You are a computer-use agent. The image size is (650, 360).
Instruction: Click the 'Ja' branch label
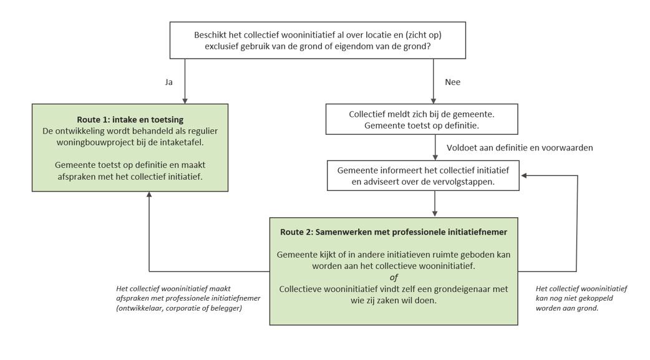point(168,82)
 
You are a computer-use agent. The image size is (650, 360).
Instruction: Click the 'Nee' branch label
point(453,82)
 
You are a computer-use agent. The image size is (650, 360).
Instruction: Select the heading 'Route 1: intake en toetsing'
point(130,120)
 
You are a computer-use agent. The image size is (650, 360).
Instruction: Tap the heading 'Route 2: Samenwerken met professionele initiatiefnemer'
point(394,232)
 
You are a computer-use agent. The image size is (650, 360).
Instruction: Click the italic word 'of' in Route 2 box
point(394,278)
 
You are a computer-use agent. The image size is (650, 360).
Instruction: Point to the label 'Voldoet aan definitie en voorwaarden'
point(520,148)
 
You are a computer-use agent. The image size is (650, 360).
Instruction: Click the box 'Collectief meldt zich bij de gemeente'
point(422,119)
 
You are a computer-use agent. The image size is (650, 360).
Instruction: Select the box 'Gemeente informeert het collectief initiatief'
point(423,176)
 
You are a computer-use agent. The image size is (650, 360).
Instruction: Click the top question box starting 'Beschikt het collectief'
point(318,40)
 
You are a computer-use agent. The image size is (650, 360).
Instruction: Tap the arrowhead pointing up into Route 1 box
point(149,194)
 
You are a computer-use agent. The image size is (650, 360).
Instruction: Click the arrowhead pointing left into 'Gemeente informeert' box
point(523,176)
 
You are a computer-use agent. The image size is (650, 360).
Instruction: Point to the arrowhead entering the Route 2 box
point(435,214)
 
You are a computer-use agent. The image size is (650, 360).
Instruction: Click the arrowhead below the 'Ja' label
point(185,101)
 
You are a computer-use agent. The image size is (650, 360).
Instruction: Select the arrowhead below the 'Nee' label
point(434,101)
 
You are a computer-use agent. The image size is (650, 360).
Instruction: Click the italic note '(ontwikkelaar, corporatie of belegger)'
point(179,308)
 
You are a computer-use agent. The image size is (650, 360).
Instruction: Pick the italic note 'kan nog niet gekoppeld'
point(574,298)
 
